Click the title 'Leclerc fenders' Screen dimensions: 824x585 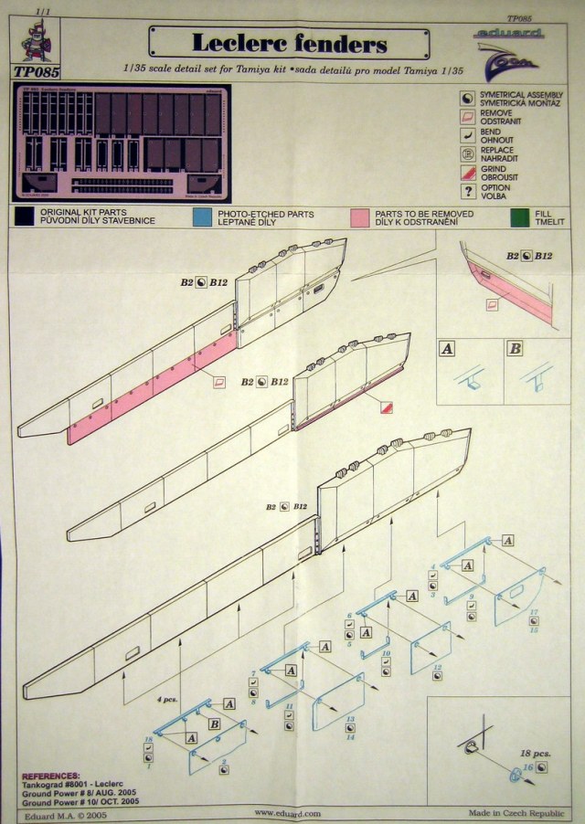click(x=289, y=43)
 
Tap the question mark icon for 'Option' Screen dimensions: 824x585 click(x=468, y=191)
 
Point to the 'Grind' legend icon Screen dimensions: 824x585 click(x=468, y=171)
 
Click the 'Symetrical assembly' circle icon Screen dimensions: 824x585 click(x=468, y=97)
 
